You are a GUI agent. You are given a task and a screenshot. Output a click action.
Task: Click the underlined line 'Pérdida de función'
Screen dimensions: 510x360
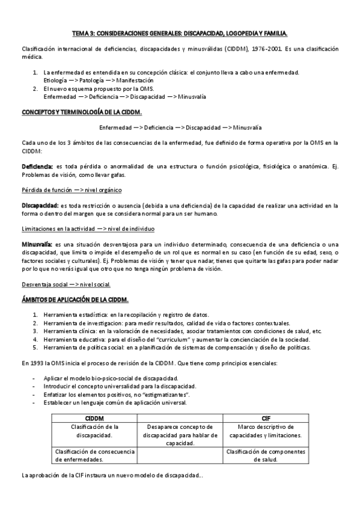pos(46,190)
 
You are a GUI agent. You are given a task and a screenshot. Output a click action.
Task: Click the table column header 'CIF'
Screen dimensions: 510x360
pos(266,417)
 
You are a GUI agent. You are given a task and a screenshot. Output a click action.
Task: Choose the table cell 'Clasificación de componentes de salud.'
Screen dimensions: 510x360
pos(266,455)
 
